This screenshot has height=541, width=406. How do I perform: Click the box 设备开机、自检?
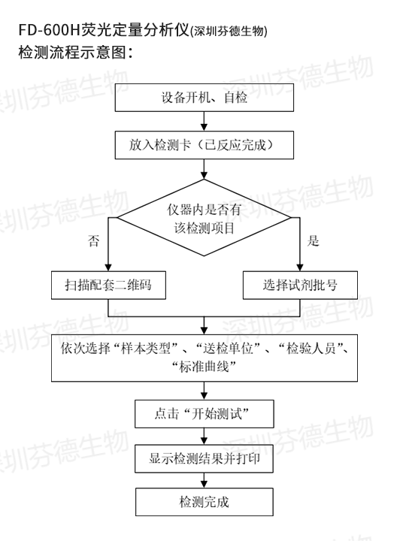[x=205, y=97]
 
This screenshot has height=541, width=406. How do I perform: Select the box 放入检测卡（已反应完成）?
[x=205, y=145]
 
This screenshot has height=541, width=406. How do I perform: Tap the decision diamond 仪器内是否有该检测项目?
[x=204, y=218]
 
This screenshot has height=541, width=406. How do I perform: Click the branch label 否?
[x=93, y=240]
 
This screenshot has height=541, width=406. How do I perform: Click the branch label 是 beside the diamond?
[x=313, y=240]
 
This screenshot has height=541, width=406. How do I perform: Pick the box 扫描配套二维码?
[x=108, y=285]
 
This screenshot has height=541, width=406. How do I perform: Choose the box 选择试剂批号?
[x=300, y=285]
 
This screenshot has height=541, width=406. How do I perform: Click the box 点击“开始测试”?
[x=205, y=414]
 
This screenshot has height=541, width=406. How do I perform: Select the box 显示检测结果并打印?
[x=204, y=458]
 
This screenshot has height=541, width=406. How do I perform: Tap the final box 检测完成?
[x=205, y=502]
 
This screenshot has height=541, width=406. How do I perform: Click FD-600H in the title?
[x=50, y=30]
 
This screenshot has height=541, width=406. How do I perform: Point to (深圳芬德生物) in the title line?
[x=229, y=32]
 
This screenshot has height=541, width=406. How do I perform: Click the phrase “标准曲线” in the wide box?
[x=204, y=367]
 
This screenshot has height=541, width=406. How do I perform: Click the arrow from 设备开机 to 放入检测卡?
[x=205, y=121]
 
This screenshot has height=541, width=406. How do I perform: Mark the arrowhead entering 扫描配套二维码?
[x=108, y=267]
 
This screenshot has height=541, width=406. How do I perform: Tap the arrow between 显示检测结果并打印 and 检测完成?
[x=205, y=480]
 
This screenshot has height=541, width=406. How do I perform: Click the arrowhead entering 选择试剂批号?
[x=300, y=267]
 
